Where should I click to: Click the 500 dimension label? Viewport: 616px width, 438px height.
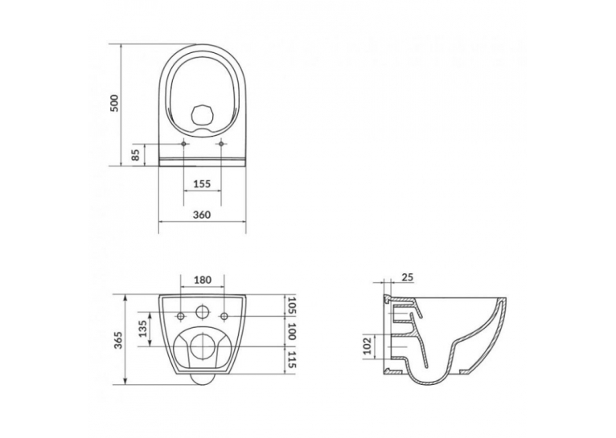(114, 103)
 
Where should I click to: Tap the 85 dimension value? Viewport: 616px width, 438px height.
(136, 155)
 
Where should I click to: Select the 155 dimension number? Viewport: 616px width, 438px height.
(203, 183)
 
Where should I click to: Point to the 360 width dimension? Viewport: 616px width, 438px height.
(202, 215)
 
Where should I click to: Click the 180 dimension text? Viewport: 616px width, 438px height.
(203, 280)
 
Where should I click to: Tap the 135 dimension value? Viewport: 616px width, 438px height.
(143, 328)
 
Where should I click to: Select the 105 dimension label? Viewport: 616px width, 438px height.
(291, 305)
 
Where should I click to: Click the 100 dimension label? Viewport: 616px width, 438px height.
(291, 331)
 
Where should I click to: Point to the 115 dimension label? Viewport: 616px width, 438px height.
(291, 360)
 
